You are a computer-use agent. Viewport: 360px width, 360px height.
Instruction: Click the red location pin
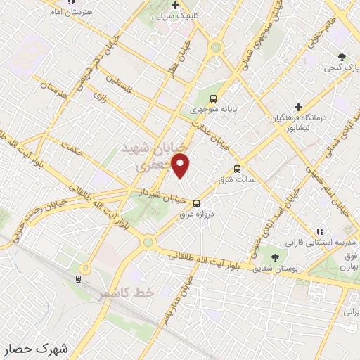click(x=182, y=166)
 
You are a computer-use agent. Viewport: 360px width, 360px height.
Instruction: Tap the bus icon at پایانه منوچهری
click(x=213, y=99)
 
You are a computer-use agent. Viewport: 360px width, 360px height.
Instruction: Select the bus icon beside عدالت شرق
click(x=237, y=169)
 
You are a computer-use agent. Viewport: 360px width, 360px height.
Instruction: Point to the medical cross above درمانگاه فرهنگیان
click(x=298, y=107)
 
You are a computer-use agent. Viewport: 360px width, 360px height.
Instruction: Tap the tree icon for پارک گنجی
click(x=342, y=56)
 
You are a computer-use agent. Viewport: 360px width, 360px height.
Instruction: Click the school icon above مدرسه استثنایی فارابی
click(x=320, y=231)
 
